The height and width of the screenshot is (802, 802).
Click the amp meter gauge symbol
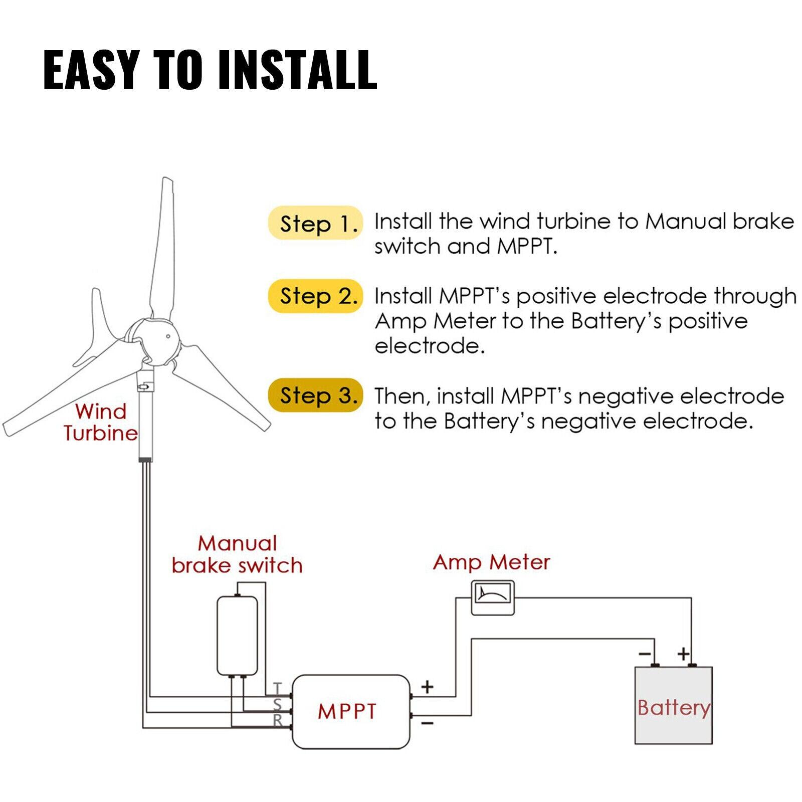point(493,597)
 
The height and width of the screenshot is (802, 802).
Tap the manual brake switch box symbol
point(237,636)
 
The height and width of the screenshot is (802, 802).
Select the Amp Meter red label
point(491,562)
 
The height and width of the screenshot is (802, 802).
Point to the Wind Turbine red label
point(101,422)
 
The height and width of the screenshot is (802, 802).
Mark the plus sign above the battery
point(683,654)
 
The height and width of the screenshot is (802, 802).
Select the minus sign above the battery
point(645,654)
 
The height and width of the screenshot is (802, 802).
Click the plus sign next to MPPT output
point(427,686)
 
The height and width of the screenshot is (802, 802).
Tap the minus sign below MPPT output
point(427,723)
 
